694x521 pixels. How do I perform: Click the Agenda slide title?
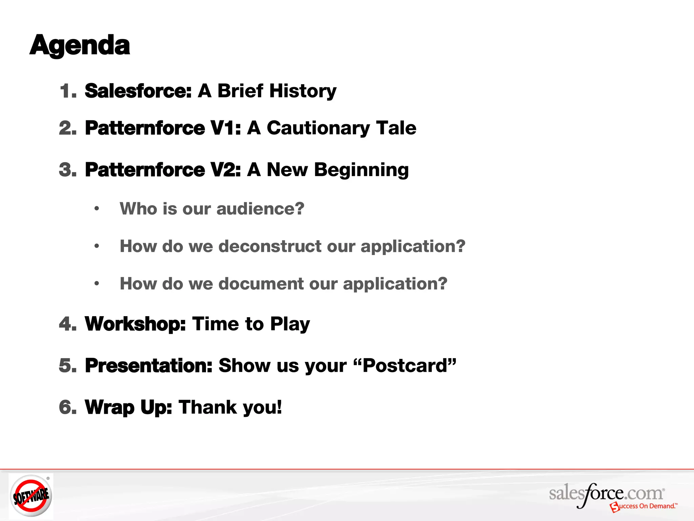click(80, 45)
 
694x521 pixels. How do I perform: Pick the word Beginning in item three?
click(361, 170)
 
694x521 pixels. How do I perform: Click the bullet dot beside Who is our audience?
click(97, 208)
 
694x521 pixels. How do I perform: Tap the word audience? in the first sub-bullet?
click(260, 208)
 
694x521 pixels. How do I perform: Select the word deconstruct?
click(270, 246)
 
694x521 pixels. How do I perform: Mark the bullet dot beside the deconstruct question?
click(97, 246)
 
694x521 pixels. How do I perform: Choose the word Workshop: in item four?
click(135, 324)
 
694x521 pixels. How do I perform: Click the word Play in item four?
click(290, 324)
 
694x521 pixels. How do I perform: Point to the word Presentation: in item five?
click(148, 366)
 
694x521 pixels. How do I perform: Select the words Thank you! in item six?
click(230, 407)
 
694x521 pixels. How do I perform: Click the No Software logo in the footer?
click(31, 496)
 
